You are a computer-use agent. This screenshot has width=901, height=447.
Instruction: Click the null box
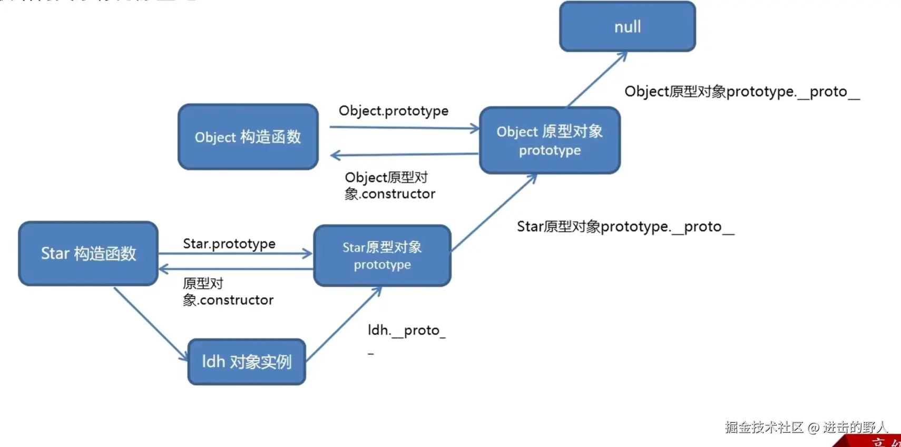coord(627,26)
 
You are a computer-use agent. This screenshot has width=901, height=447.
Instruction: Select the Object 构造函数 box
coord(248,137)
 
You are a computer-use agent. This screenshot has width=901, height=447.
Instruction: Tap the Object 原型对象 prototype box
coord(550,141)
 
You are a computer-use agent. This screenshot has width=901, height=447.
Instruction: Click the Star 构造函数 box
coord(88,254)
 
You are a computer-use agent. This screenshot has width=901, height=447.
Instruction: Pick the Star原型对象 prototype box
coord(382,256)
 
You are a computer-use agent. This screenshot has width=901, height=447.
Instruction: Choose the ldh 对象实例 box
coord(247,362)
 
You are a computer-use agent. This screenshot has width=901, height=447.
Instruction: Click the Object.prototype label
coord(393,111)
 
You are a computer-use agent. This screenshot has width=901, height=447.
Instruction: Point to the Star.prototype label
coord(229,244)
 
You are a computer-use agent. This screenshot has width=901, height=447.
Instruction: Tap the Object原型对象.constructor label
coord(389,186)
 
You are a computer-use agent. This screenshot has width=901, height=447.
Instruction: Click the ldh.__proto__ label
coord(406,331)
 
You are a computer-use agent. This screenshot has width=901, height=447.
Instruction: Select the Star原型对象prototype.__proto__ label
coord(625,227)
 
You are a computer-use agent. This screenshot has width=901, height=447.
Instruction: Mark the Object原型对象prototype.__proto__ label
coord(741,92)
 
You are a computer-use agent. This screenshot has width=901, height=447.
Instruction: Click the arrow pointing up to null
coord(597,79)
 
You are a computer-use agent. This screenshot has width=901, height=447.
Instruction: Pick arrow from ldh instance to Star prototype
coord(344,324)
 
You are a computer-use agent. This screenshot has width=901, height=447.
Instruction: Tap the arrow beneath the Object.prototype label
coord(404,128)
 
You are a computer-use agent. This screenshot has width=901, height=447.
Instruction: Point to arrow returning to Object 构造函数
coord(404,154)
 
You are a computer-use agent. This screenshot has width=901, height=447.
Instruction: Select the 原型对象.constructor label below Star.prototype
coord(227,292)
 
